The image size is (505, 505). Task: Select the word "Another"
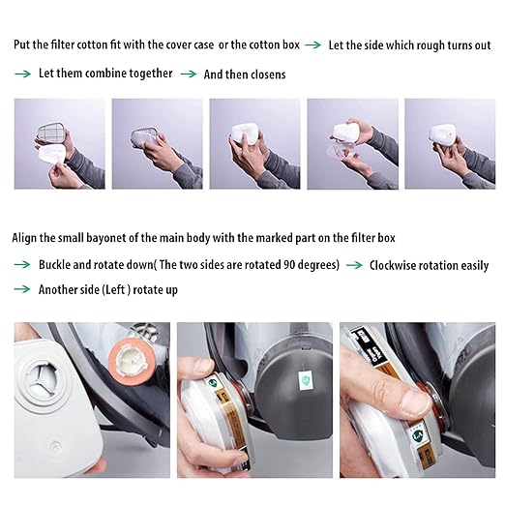coord(58,289)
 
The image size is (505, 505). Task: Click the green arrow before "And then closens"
coord(188,74)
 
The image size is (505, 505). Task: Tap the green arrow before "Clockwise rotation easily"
coord(354,264)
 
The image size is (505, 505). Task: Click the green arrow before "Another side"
coord(21,289)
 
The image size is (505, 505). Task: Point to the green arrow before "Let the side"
coord(314,45)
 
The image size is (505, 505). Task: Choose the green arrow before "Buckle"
coord(21,264)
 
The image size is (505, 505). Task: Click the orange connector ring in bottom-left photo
coord(132,359)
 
